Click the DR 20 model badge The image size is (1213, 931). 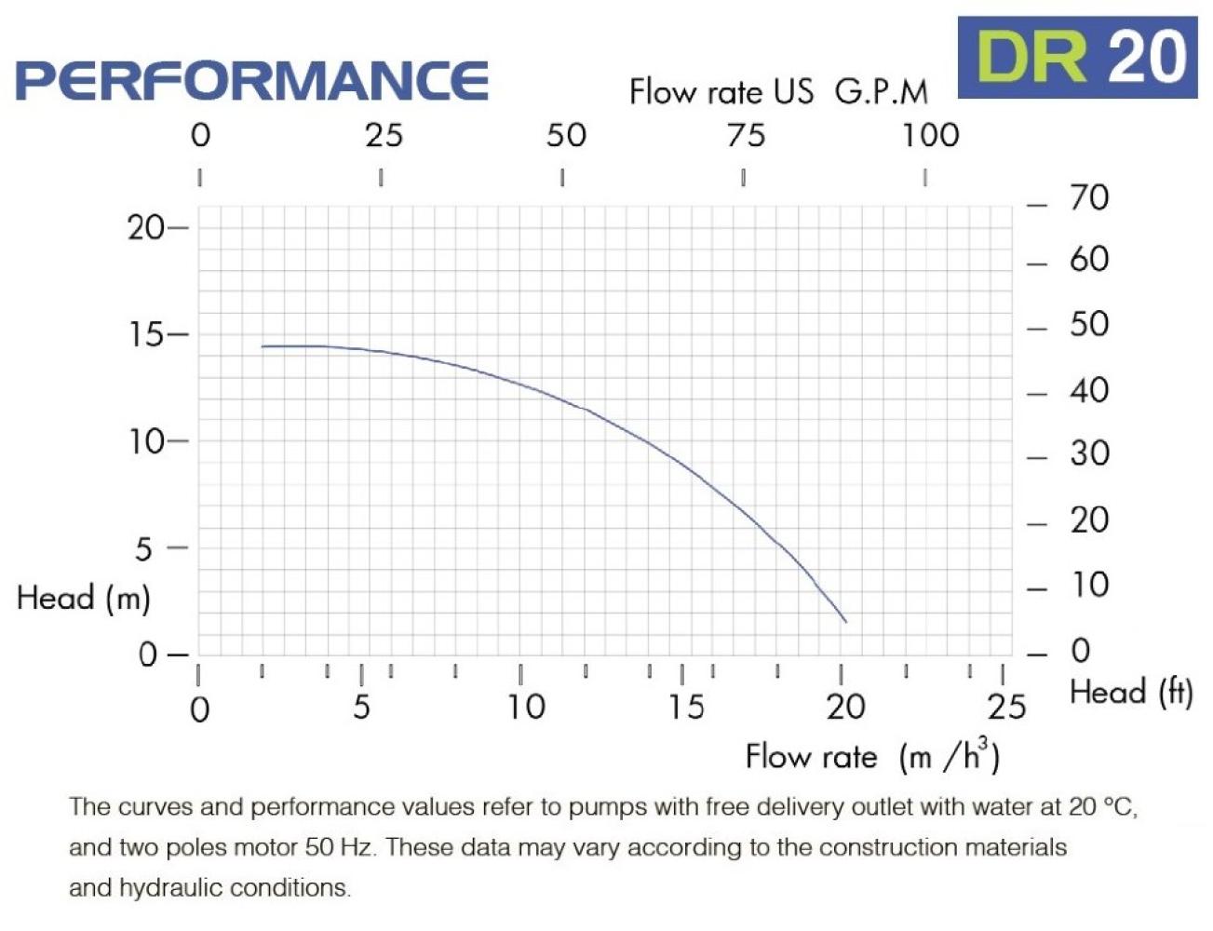pyautogui.click(x=1077, y=57)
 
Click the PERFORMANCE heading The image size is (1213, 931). pyautogui.click(x=252, y=81)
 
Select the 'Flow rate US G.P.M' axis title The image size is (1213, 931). pyautogui.click(x=778, y=91)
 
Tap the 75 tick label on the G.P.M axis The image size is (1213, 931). pyautogui.click(x=746, y=136)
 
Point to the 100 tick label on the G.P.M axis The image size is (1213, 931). pyautogui.click(x=929, y=136)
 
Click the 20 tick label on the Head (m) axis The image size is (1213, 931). pyautogui.click(x=146, y=227)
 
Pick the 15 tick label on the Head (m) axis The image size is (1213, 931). pyautogui.click(x=146, y=334)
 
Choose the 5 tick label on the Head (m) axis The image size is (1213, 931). pyautogui.click(x=143, y=549)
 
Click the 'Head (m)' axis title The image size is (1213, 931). pyautogui.click(x=84, y=598)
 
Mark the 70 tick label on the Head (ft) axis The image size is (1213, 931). pyautogui.click(x=1089, y=198)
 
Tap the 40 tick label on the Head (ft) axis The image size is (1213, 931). pyautogui.click(x=1089, y=390)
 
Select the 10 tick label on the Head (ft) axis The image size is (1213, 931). pyautogui.click(x=1089, y=585)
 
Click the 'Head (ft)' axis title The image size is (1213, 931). pyautogui.click(x=1131, y=693)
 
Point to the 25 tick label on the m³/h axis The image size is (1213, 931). pyautogui.click(x=1006, y=708)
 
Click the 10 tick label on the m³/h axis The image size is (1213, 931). pyautogui.click(x=526, y=708)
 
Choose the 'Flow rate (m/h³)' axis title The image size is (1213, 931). pyautogui.click(x=872, y=755)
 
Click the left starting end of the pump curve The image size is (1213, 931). pyautogui.click(x=263, y=346)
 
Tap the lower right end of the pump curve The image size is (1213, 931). pyautogui.click(x=845, y=621)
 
